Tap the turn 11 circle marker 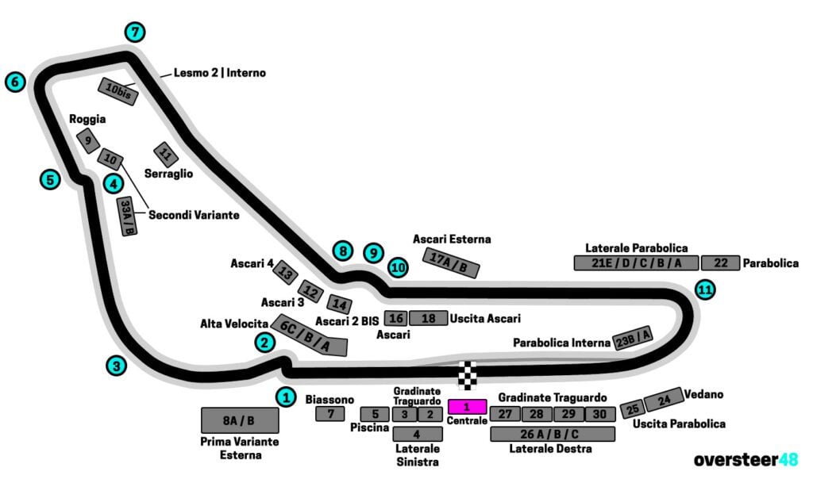coord(704,289)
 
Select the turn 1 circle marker coord(286,397)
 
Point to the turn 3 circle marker coord(117,366)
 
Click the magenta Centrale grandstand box coord(467,406)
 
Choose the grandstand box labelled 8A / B coord(239,420)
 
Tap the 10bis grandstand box coord(118,92)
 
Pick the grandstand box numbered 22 coord(720,263)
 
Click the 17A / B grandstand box coord(453,262)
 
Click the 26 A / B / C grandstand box coord(553,434)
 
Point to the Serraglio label coord(168,173)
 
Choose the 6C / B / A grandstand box coord(310,335)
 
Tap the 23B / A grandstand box coord(633,338)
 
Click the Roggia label coord(87,119)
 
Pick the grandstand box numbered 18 coord(429,319)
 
